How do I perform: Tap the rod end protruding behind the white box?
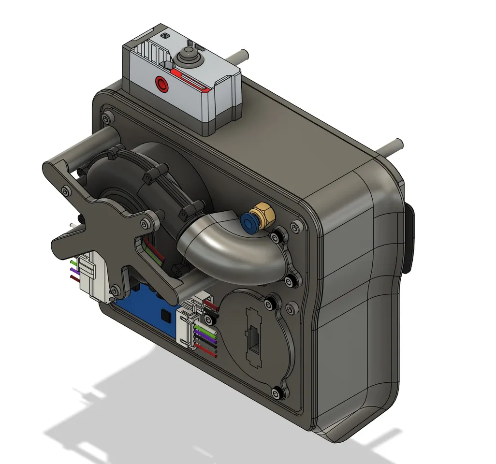[244, 56]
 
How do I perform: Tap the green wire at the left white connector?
[74, 262]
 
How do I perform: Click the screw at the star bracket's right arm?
[146, 225]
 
